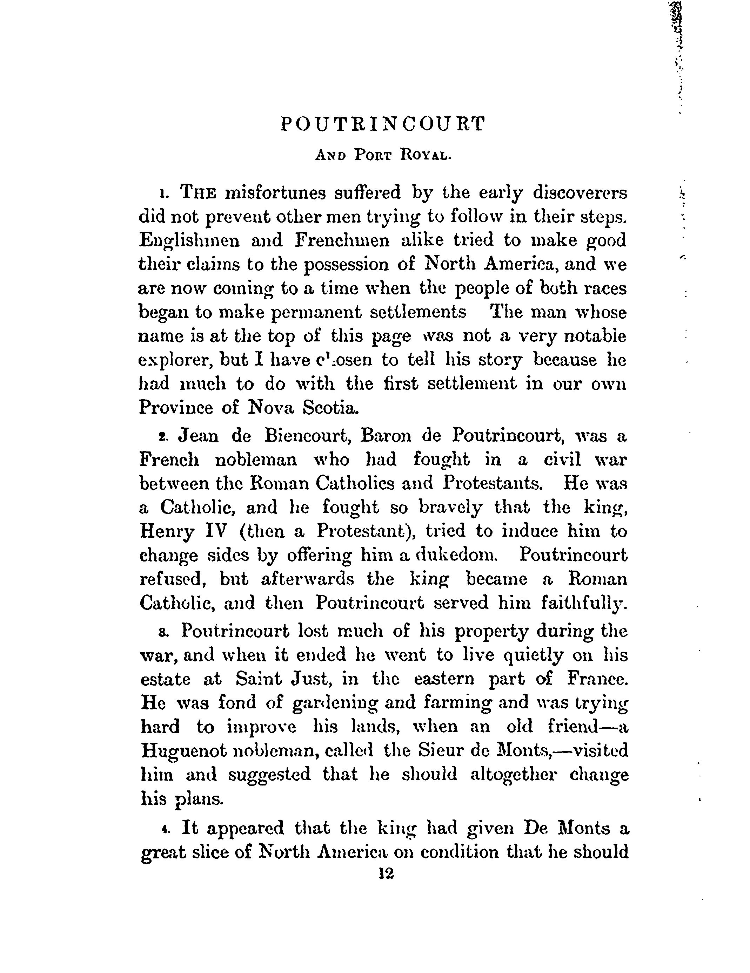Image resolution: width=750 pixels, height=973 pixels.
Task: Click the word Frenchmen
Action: [342, 240]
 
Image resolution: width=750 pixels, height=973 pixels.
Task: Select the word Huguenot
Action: [183, 751]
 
